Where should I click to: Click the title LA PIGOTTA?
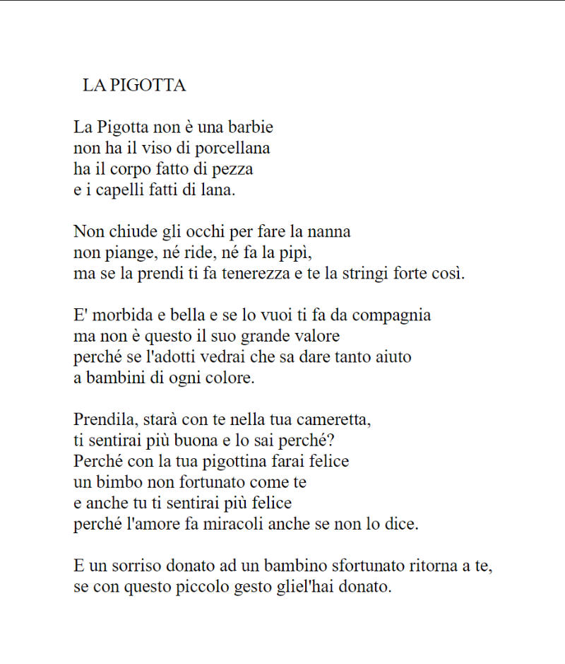coord(134,86)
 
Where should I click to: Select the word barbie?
coord(250,128)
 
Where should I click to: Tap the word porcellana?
coord(234,148)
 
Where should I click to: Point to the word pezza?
coord(234,170)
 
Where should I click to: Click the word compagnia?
coord(391,315)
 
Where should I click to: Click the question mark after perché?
coord(331,440)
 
